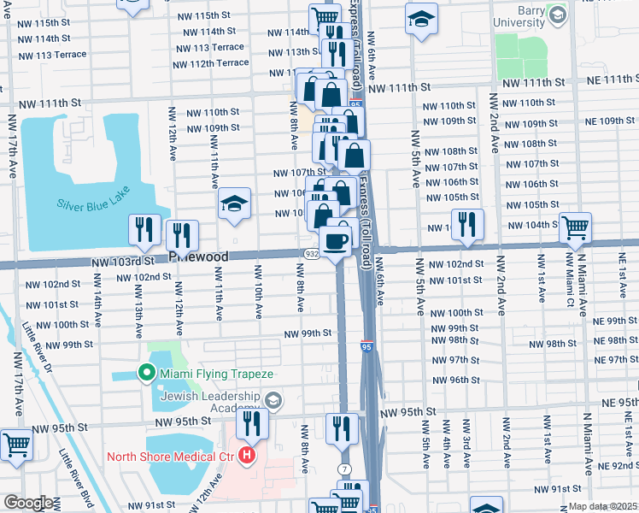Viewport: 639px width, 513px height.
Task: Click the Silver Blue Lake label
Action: pos(91,204)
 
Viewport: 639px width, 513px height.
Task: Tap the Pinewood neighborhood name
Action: pos(198,256)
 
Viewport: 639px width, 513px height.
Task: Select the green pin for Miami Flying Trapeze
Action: pos(145,374)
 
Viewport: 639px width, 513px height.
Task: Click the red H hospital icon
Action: pos(248,455)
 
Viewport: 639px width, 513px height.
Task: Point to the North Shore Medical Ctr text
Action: pos(171,456)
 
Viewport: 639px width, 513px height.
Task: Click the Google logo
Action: pos(27,503)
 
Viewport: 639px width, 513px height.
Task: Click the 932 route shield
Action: pos(312,256)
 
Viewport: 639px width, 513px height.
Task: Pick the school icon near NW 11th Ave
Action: pos(233,205)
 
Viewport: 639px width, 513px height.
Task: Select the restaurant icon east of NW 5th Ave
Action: pos(466,225)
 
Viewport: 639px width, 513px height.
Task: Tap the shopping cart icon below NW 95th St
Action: pos(16,445)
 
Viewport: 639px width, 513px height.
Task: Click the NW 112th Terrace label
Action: pos(210,63)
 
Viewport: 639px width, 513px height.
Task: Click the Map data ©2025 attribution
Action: pos(602,506)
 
